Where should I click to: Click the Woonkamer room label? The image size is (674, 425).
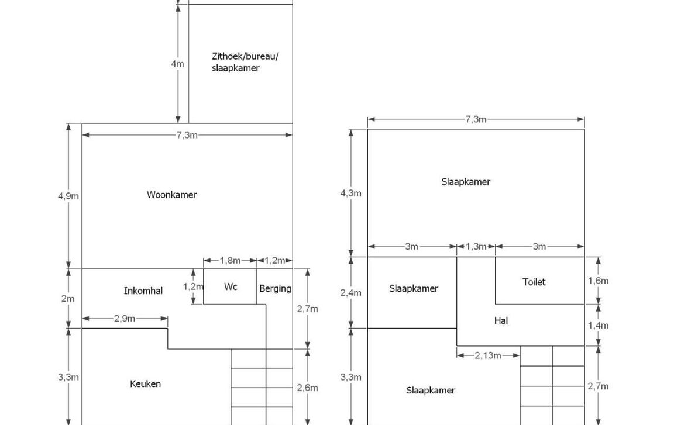point(172,195)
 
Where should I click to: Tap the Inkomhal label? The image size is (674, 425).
point(143,291)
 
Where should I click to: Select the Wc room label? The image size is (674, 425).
point(231,287)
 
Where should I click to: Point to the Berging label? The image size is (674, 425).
point(275,289)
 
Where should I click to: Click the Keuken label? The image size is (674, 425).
point(145,384)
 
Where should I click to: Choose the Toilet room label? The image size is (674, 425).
point(534,282)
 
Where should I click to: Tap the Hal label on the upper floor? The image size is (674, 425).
point(501,321)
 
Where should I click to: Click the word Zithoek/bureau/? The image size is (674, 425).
point(246,56)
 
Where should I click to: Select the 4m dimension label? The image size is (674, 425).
point(177,64)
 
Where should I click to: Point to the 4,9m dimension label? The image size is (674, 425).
point(68,196)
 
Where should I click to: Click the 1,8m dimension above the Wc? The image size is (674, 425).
point(230,261)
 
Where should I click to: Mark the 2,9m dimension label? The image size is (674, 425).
point(125,319)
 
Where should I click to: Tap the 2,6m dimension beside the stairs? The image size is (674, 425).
point(307,388)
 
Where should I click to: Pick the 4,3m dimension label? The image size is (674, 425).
point(351,193)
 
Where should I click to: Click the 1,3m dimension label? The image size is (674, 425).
point(476,247)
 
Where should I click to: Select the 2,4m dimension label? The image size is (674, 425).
point(351,293)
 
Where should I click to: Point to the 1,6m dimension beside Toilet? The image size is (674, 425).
point(599,281)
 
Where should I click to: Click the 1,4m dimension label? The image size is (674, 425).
point(599,326)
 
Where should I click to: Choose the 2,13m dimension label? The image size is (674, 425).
point(488,355)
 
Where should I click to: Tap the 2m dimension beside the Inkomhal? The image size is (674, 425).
point(68,299)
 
